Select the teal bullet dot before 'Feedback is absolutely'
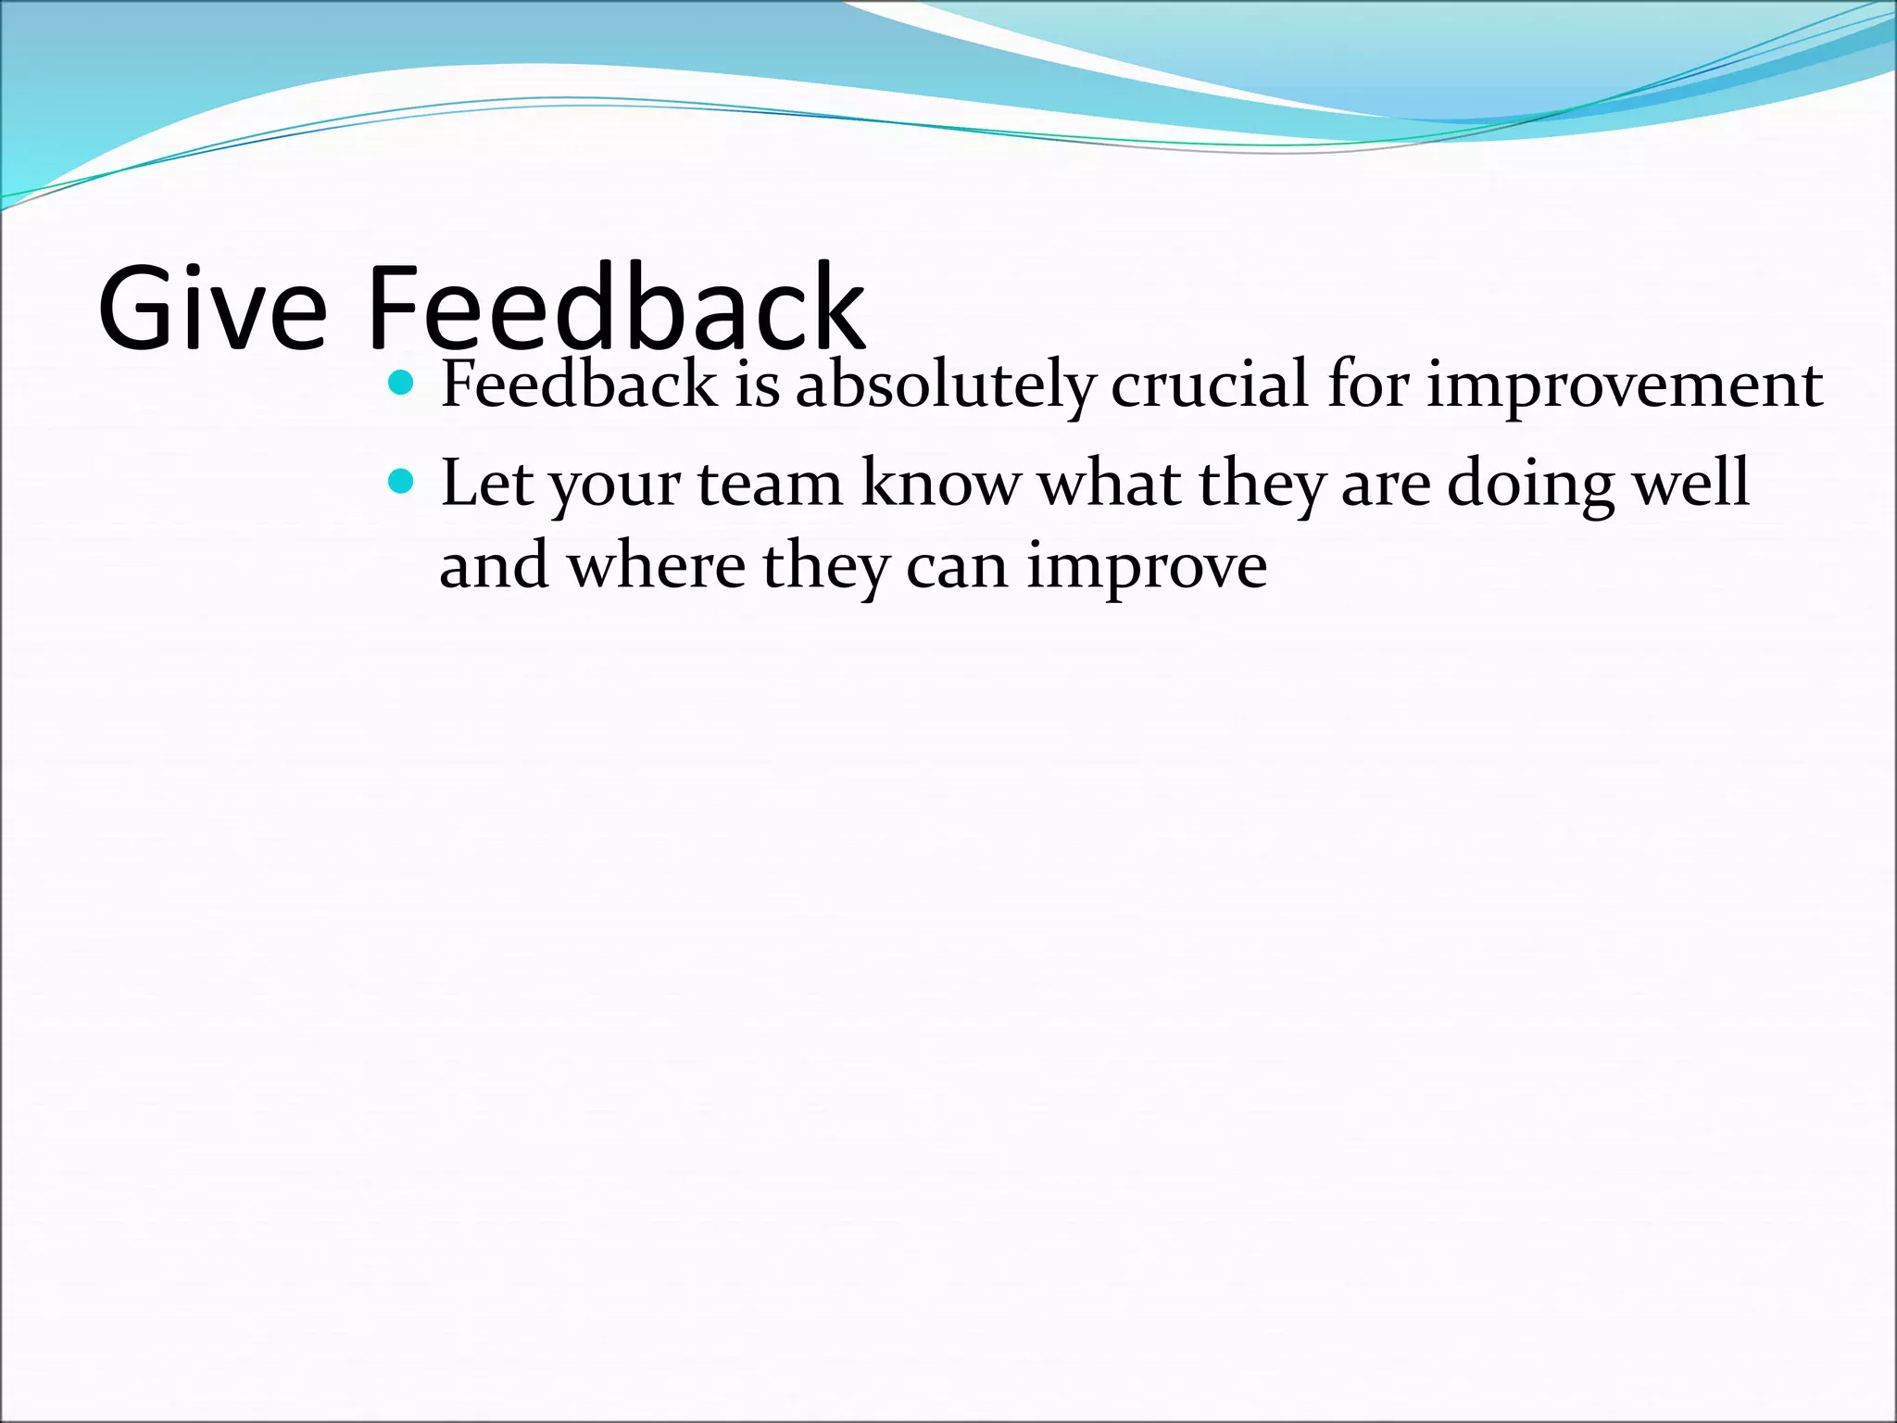pyautogui.click(x=400, y=381)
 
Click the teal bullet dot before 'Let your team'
pyautogui.click(x=400, y=480)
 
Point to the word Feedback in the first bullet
pyautogui.click(x=579, y=384)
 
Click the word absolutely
pyautogui.click(x=945, y=386)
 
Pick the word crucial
pyautogui.click(x=1210, y=384)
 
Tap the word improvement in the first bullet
pyautogui.click(x=1624, y=386)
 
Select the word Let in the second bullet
pyautogui.click(x=487, y=483)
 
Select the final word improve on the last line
pyautogui.click(x=1147, y=568)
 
